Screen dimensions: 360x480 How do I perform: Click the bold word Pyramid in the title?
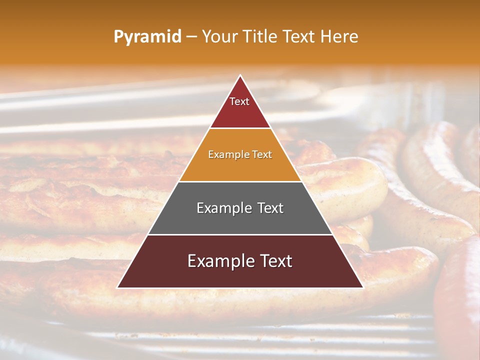point(147,37)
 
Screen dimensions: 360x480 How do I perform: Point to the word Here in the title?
point(339,37)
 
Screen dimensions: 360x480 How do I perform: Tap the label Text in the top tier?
point(239,101)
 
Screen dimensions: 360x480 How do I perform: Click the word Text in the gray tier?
point(268,208)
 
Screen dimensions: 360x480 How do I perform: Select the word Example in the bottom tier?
point(218,261)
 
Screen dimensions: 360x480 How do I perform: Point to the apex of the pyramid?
point(240,75)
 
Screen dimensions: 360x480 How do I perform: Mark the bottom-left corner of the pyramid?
point(117,287)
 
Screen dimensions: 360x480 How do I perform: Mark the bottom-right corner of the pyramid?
point(363,287)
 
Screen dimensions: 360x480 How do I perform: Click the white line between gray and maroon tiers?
point(240,234)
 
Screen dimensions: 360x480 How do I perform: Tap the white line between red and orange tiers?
point(240,128)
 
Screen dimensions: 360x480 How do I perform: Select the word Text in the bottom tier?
point(274,261)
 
